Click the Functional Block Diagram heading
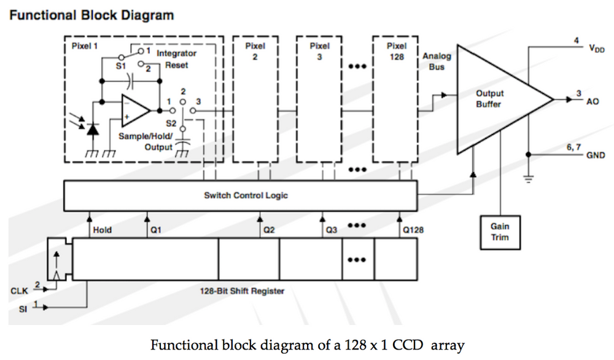click(x=91, y=15)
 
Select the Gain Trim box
click(x=500, y=232)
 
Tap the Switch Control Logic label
click(x=246, y=195)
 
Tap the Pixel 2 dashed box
click(x=255, y=98)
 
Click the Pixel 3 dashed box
click(x=319, y=98)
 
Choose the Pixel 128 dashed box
click(x=395, y=98)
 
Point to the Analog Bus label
click(x=437, y=61)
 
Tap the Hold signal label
click(x=102, y=230)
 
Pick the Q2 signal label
click(x=268, y=230)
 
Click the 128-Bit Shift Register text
click(x=242, y=291)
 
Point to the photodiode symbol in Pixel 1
click(x=92, y=130)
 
